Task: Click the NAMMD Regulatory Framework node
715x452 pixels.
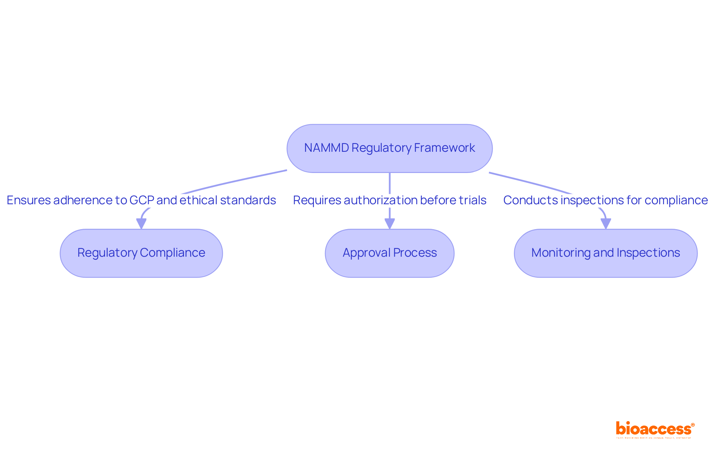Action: [390, 148]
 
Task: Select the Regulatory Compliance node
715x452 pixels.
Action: [141, 253]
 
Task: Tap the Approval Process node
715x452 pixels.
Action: [390, 253]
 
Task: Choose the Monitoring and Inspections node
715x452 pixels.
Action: [606, 253]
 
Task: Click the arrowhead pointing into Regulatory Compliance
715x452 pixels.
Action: [141, 224]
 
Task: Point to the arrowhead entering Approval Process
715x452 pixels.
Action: [390, 224]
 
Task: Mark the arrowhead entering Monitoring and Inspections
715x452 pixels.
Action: [606, 224]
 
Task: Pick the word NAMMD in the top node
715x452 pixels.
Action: [326, 148]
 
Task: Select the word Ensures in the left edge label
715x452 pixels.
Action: [29, 200]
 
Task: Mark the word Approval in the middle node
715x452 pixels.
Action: [366, 253]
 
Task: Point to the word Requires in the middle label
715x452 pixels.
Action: [317, 200]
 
